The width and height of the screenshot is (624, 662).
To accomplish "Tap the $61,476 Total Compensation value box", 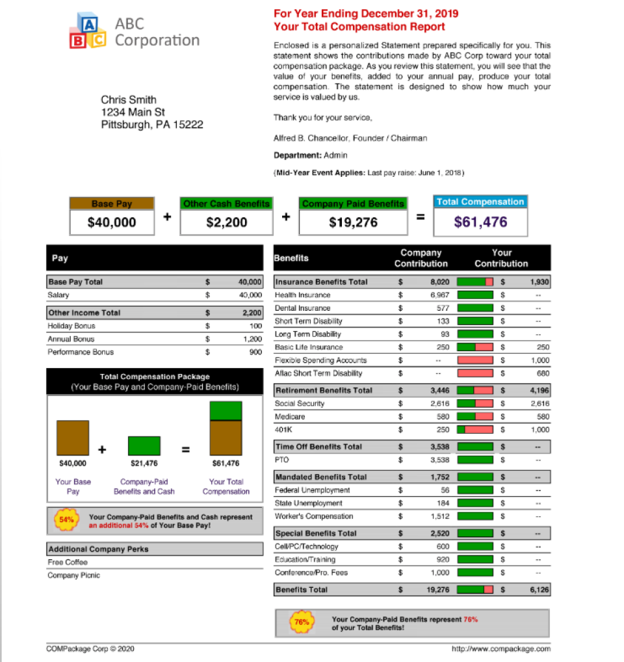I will pyautogui.click(x=480, y=222).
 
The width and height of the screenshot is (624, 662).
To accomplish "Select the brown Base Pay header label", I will pyautogui.click(x=112, y=204).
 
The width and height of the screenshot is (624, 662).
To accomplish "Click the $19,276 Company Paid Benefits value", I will pyautogui.click(x=353, y=222).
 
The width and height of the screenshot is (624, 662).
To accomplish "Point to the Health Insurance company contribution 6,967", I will pyautogui.click(x=440, y=295).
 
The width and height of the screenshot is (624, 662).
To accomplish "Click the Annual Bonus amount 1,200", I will pyautogui.click(x=252, y=339).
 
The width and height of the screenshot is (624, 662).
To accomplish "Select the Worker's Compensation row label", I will pyautogui.click(x=314, y=516).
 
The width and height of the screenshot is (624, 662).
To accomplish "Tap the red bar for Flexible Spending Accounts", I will pyautogui.click(x=475, y=360).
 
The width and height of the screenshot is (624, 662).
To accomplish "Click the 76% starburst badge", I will pyautogui.click(x=302, y=622).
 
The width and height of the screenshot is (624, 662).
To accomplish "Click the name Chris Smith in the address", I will pyautogui.click(x=129, y=99).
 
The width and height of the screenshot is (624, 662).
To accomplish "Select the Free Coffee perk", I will pyautogui.click(x=68, y=562).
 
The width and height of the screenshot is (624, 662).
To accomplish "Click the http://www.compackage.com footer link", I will pyautogui.click(x=500, y=648).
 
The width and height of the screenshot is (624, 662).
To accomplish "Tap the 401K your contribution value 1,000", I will pyautogui.click(x=539, y=430).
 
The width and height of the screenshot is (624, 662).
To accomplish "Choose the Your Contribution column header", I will pyautogui.click(x=501, y=258).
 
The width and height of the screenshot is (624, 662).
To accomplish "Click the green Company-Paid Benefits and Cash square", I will pyautogui.click(x=144, y=445).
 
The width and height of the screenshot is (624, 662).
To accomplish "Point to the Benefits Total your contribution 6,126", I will pyautogui.click(x=539, y=590).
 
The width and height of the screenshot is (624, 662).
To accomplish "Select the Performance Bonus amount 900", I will pyautogui.click(x=255, y=352).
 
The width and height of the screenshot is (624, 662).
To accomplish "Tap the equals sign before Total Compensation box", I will pyautogui.click(x=421, y=217).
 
